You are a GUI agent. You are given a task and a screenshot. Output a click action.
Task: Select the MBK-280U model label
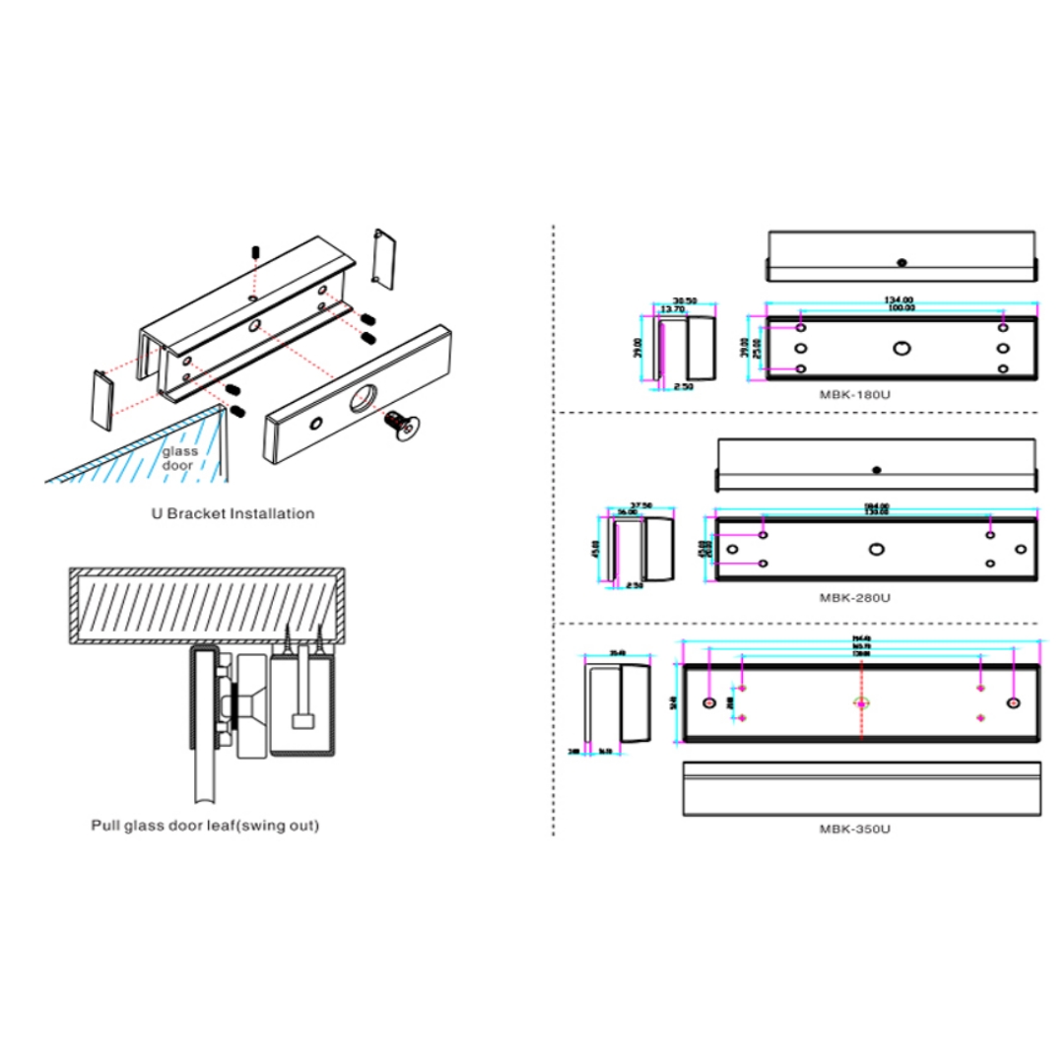coord(854,597)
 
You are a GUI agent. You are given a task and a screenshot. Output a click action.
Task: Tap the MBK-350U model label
coord(854,830)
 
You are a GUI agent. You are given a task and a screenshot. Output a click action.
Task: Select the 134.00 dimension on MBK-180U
coord(900,299)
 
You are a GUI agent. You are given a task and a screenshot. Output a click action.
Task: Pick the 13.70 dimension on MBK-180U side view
coord(673,309)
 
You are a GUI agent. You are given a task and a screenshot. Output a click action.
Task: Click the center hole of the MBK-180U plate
coord(900,348)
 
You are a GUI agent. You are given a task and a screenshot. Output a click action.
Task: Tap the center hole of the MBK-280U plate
coord(876,549)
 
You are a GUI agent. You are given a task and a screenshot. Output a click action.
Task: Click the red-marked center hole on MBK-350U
coord(862,703)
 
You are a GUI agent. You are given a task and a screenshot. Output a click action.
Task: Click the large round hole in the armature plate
coord(361,398)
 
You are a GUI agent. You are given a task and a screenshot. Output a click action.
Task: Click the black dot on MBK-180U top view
coord(900,262)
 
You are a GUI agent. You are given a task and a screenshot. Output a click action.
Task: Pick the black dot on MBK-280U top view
coord(876,469)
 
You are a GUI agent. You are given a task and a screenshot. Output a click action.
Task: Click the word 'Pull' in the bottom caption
coord(106,827)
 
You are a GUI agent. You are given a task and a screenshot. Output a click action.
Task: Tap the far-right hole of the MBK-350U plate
coord(1014,703)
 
